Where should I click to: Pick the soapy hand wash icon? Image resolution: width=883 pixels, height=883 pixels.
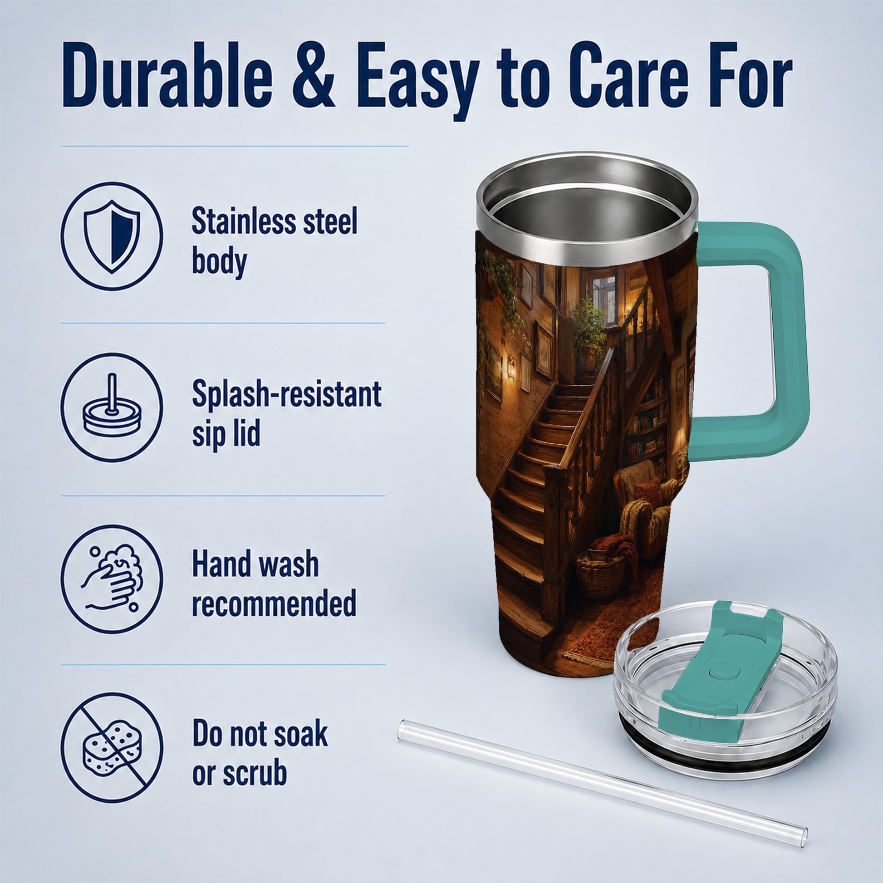[x=112, y=578]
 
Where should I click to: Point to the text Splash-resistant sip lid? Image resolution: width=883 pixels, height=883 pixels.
[x=287, y=414]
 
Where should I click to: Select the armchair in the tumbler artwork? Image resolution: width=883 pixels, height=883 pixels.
[x=640, y=507]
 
